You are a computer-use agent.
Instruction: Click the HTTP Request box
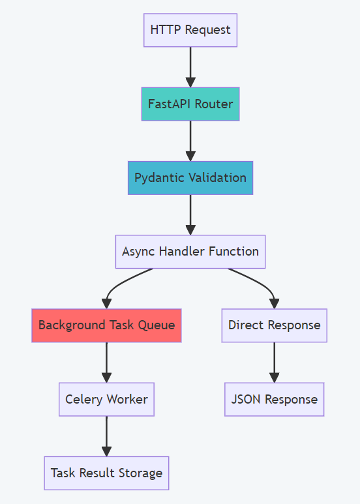pyautogui.click(x=190, y=30)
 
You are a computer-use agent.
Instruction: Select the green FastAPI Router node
pyautogui.click(x=190, y=104)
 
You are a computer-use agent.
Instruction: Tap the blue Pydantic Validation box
pyautogui.click(x=190, y=177)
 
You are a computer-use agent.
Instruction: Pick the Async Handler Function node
pyautogui.click(x=190, y=251)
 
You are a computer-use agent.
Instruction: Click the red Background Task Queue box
pyautogui.click(x=106, y=325)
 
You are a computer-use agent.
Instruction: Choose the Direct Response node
pyautogui.click(x=274, y=325)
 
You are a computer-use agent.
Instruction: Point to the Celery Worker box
pyautogui.click(x=106, y=399)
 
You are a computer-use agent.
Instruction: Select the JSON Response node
pyautogui.click(x=274, y=399)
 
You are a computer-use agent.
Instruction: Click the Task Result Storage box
pyautogui.click(x=106, y=473)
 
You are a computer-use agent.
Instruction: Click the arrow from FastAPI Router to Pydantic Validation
pyautogui.click(x=190, y=140)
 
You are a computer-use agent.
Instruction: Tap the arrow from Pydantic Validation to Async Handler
pyautogui.click(x=190, y=214)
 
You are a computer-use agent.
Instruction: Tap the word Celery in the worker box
pyautogui.click(x=82, y=399)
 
